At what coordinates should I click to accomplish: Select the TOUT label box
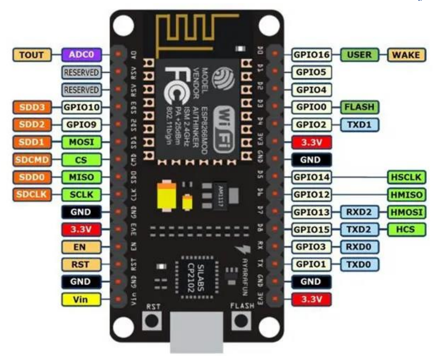[x=32, y=55]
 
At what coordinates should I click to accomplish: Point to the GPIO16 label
[x=312, y=55]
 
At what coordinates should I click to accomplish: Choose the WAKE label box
[x=407, y=55]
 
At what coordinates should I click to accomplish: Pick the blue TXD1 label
[x=360, y=124]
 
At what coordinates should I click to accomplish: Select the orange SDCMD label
[x=32, y=159]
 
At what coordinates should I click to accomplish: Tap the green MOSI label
[x=81, y=142]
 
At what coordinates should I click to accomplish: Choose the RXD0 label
[x=360, y=246]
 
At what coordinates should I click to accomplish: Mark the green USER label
[x=360, y=55]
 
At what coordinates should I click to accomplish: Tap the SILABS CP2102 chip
[x=195, y=277]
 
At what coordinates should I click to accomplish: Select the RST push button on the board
[x=152, y=320]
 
